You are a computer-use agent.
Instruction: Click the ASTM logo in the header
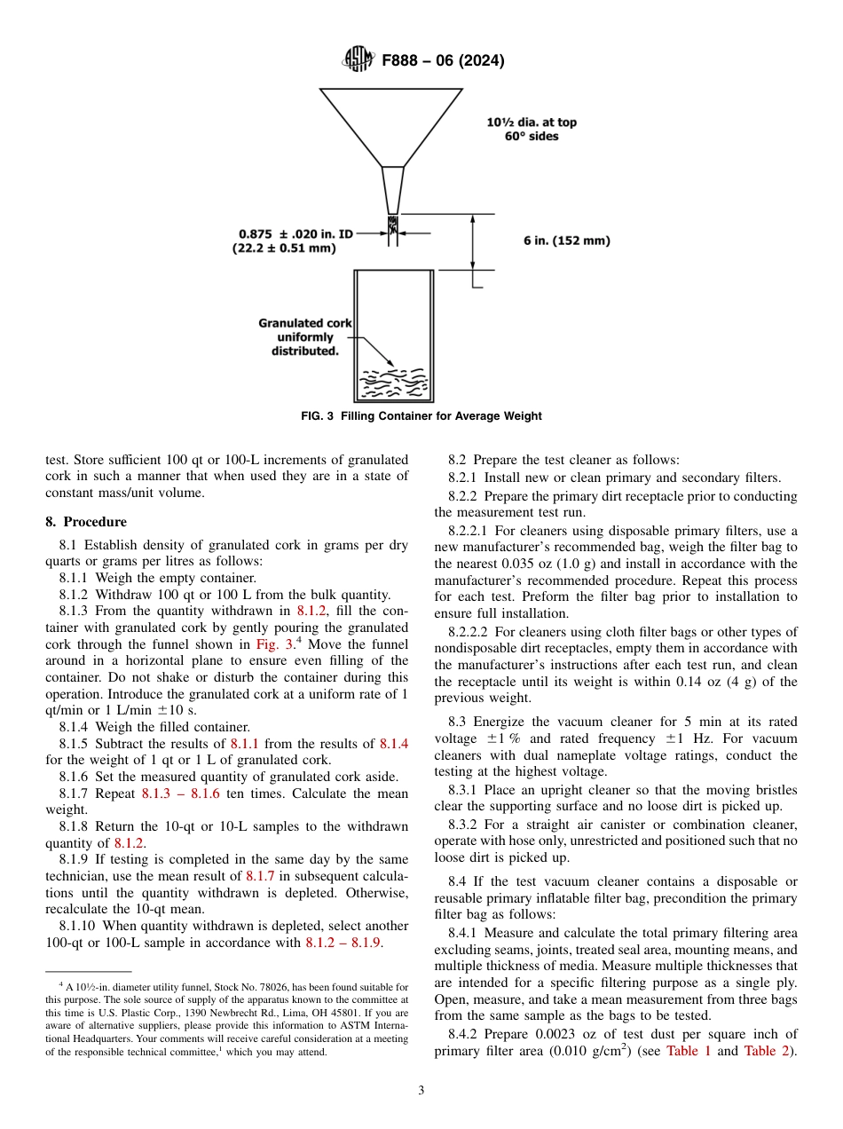click(x=358, y=60)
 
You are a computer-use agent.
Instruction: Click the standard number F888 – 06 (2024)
click(x=443, y=61)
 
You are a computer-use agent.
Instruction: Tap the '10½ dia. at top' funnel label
click(x=531, y=122)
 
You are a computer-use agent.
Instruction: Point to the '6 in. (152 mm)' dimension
click(x=566, y=241)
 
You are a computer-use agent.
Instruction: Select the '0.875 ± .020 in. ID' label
click(x=295, y=234)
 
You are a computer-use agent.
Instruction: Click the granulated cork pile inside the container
click(x=392, y=383)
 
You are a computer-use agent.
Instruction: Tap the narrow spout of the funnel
click(x=392, y=190)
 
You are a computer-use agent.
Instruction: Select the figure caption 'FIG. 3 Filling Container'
click(x=421, y=416)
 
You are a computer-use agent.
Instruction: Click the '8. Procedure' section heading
click(x=86, y=522)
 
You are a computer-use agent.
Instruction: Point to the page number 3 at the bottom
click(x=421, y=1091)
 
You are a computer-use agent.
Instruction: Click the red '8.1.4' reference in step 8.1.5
click(x=394, y=744)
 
